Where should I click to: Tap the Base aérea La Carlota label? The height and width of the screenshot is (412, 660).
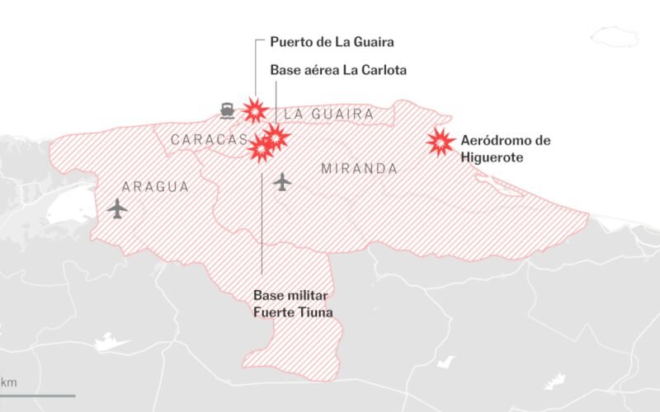click(x=338, y=70)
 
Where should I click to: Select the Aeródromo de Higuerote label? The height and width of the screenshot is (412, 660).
click(x=505, y=147)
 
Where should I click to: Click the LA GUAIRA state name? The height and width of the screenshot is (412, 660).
click(x=328, y=115)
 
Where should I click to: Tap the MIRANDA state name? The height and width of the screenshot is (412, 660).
click(x=359, y=168)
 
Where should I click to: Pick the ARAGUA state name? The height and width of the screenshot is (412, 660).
click(x=154, y=187)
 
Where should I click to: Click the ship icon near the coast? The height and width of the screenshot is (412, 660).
click(x=228, y=110)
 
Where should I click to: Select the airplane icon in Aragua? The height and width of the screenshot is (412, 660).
click(x=118, y=208)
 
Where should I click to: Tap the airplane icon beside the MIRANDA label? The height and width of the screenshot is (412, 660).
click(x=283, y=180)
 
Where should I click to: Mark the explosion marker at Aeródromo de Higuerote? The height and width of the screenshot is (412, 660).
click(x=441, y=143)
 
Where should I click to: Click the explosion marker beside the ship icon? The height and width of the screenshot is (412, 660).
click(x=253, y=110)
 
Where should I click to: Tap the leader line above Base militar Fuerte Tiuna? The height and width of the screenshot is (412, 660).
click(x=262, y=222)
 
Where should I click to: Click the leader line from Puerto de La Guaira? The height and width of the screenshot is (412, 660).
click(x=256, y=66)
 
